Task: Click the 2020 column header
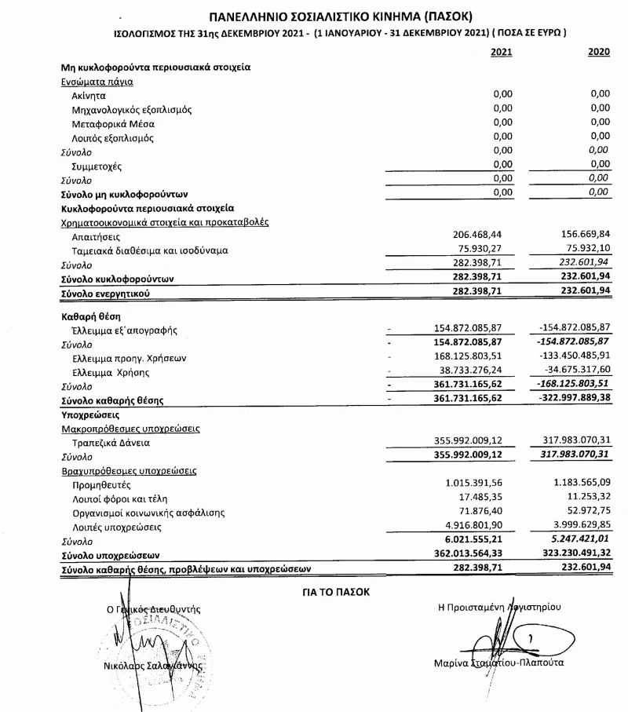pos(598,52)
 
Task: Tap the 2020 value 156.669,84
pos(582,235)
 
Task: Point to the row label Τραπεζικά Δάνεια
pos(105,443)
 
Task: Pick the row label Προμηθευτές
pos(100,485)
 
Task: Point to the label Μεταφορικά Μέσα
pos(113,124)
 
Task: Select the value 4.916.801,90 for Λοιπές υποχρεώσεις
pos(480,527)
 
